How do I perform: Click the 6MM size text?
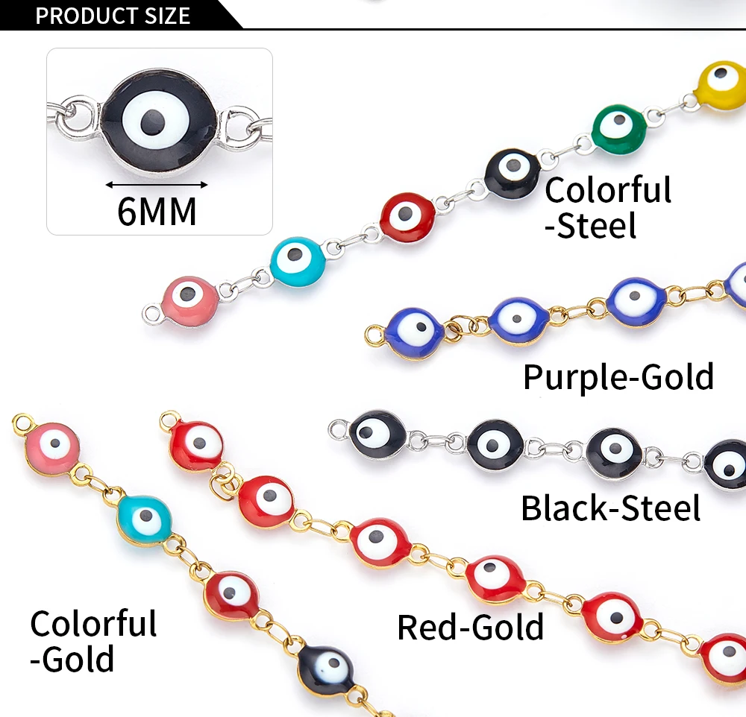(157, 212)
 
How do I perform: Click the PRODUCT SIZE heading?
(113, 15)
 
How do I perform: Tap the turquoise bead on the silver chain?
(297, 258)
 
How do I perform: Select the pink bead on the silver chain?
(190, 300)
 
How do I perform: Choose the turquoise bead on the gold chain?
(145, 519)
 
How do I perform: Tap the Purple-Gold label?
(618, 377)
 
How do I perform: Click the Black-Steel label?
(610, 508)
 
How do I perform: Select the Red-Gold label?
(470, 627)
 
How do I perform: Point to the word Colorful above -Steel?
(608, 190)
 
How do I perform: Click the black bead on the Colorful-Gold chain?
(326, 668)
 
